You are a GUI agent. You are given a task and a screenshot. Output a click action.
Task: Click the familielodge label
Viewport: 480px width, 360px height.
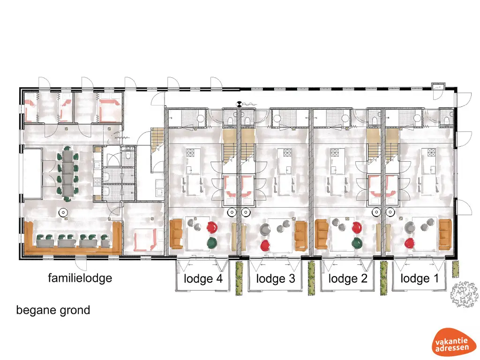[x=80, y=278]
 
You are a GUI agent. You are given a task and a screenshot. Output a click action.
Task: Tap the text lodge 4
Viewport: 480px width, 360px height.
[x=203, y=279]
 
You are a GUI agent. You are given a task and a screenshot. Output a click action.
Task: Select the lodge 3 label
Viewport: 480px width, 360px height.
[x=276, y=279]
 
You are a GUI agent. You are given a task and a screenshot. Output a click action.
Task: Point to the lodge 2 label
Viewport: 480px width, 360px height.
[x=347, y=279]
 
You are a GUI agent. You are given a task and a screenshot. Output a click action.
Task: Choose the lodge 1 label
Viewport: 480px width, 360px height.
[x=420, y=279]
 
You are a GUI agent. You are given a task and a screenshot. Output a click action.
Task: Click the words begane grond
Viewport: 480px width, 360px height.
[x=53, y=310]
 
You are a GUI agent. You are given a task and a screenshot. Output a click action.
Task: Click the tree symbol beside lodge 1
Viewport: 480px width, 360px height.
[x=464, y=295]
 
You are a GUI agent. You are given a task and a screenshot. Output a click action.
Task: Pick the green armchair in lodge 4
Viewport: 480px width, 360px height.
[x=211, y=242]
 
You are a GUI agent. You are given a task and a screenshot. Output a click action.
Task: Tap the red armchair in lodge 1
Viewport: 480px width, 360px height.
[x=410, y=243]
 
